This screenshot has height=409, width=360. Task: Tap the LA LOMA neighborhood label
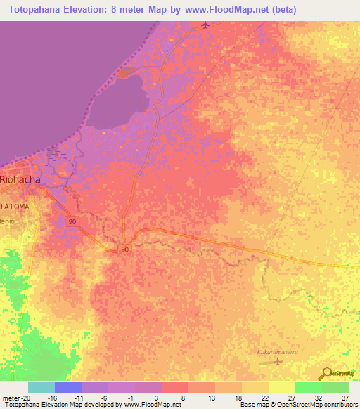point(14,206)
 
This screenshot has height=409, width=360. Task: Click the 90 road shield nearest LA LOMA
point(72,221)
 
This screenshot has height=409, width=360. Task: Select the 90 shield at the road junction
point(124,249)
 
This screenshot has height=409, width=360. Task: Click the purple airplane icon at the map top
point(205,26)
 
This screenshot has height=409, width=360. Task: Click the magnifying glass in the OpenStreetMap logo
point(326,373)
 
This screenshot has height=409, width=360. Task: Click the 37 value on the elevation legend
point(345,397)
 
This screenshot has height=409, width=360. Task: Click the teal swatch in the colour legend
point(41,387)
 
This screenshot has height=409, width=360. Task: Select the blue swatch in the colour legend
point(68,387)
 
